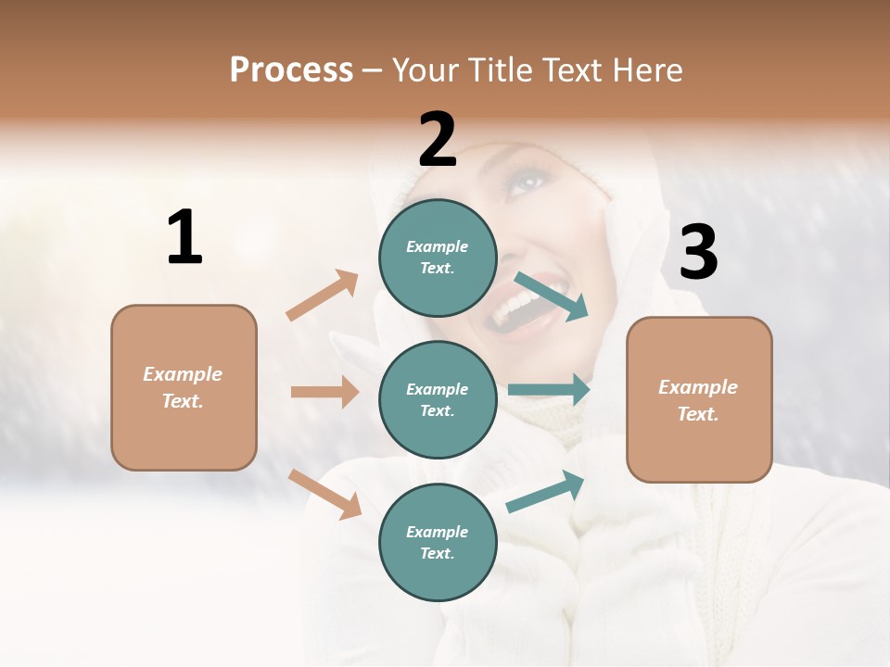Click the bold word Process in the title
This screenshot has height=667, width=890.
tap(291, 70)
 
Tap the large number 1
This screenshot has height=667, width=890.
tap(184, 237)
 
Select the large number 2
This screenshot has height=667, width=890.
tap(438, 140)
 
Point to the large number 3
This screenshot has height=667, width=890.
tap(698, 253)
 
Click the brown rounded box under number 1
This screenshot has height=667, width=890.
tap(184, 387)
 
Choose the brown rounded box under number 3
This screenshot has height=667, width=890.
tap(699, 400)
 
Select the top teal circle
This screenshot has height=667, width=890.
tap(437, 258)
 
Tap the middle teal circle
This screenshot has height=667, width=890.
tap(437, 399)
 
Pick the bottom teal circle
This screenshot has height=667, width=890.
tap(437, 542)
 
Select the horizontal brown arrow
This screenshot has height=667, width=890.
tap(324, 392)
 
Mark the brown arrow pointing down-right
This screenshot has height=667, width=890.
tap(324, 494)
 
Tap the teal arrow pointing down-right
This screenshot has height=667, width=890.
tap(551, 296)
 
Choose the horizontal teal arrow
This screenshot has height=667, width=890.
tap(549, 389)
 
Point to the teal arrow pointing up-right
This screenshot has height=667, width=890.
tap(545, 492)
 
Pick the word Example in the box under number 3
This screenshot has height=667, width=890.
tap(698, 387)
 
